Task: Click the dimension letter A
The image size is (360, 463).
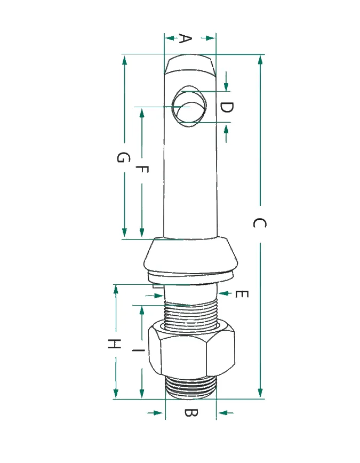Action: [186, 38]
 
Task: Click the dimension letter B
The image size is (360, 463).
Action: [191, 412]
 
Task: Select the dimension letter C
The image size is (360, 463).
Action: [260, 223]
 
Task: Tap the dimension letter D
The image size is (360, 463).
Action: [227, 107]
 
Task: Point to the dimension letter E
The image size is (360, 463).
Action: [242, 294]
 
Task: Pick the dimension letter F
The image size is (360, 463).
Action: [142, 169]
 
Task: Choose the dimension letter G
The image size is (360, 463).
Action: [123, 157]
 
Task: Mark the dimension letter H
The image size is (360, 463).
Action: [114, 344]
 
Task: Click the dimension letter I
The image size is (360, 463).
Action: [138, 350]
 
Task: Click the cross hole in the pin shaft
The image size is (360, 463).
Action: [190, 107]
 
